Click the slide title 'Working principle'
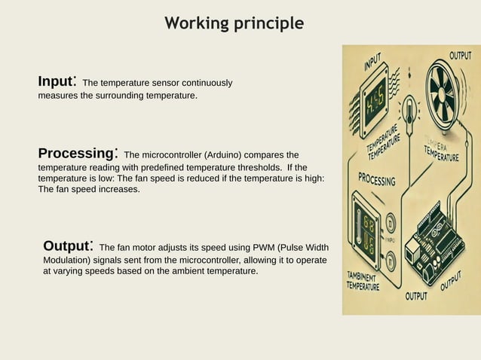click(x=234, y=23)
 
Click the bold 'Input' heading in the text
click(x=55, y=81)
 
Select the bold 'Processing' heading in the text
click(x=75, y=154)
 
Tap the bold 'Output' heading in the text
click(x=66, y=246)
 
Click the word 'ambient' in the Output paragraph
click(x=174, y=270)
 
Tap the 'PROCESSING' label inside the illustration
click(x=376, y=179)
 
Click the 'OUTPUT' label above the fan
click(x=460, y=56)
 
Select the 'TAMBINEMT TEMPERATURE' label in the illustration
click(x=363, y=280)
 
